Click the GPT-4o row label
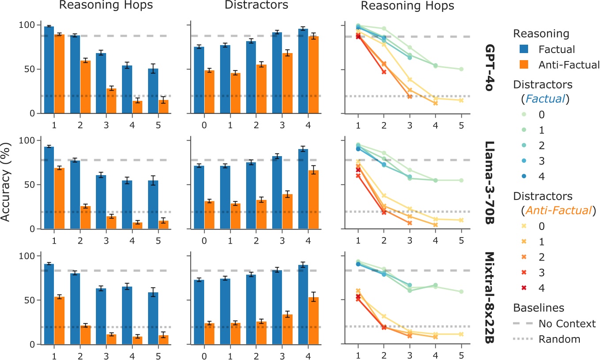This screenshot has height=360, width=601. point(490,68)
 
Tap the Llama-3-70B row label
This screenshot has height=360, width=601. point(490,183)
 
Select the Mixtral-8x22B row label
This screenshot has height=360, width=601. point(490,298)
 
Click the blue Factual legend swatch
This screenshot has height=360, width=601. point(524,49)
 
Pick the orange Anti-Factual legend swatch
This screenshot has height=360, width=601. point(524,65)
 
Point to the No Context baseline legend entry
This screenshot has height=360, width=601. point(554,323)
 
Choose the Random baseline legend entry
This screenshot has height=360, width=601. point(547,339)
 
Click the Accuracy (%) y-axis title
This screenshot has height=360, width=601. point(5,182)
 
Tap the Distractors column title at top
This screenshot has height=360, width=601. point(256,5)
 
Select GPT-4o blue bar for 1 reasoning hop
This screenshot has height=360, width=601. point(49,70)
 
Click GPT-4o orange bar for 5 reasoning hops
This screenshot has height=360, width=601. point(163,107)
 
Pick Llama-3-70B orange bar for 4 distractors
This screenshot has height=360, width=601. point(313,199)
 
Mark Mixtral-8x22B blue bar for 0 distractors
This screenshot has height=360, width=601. point(199,312)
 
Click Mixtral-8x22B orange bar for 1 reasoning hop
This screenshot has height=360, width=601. point(59,321)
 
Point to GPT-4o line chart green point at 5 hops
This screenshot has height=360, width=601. point(461,69)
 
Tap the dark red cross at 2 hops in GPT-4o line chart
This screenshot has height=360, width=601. point(384,72)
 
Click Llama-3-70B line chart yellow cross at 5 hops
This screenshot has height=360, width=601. point(461,220)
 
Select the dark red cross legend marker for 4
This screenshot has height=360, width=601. point(524,288)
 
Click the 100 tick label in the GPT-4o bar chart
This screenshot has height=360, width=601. point(27,25)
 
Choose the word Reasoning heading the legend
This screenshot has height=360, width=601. point(541,34)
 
